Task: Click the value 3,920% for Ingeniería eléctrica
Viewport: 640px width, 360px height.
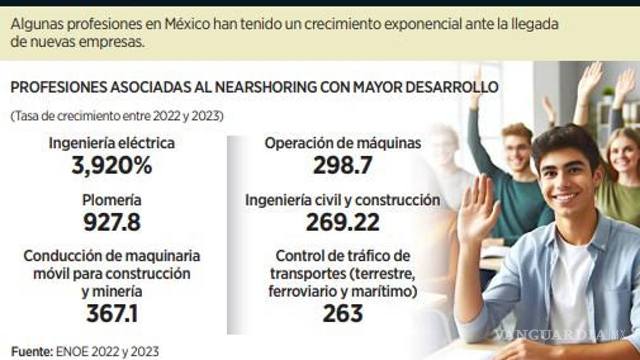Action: point(112,166)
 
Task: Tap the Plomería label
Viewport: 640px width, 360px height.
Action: point(112,201)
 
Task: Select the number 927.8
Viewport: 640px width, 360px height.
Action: point(112,222)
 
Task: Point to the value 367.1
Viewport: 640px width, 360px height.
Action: point(112,314)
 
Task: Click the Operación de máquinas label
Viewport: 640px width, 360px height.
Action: point(342,143)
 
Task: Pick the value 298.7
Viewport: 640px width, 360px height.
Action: point(342,166)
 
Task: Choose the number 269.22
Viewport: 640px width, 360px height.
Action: point(342,222)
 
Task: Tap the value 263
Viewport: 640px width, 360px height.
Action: point(342,314)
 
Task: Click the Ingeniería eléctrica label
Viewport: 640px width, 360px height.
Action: point(112,143)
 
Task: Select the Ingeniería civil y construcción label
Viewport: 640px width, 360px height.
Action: point(342,201)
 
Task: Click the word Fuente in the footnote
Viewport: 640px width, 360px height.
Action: point(31,351)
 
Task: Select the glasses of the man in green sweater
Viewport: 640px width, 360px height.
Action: point(518,148)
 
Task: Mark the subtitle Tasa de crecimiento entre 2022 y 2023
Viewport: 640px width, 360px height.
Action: point(117,117)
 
